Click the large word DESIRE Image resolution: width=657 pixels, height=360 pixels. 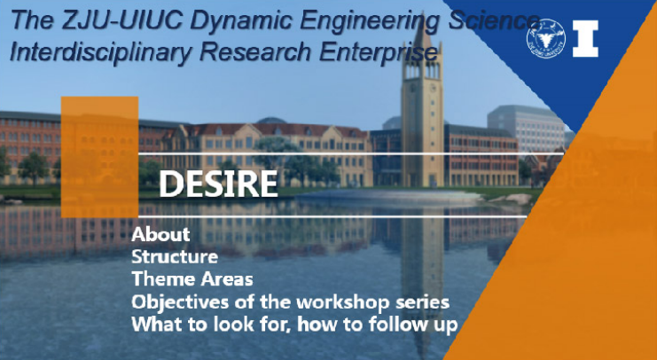point(218,184)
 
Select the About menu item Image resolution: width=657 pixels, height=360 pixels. point(160,234)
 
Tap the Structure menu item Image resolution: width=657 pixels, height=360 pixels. point(175,256)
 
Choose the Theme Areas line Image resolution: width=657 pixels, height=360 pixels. point(192,278)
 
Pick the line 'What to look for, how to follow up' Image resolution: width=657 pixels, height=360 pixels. point(294,325)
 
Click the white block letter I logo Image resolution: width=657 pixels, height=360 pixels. point(585,38)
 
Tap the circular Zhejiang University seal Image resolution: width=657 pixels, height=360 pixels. point(545,38)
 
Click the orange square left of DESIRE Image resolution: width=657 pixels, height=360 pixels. point(99,157)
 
